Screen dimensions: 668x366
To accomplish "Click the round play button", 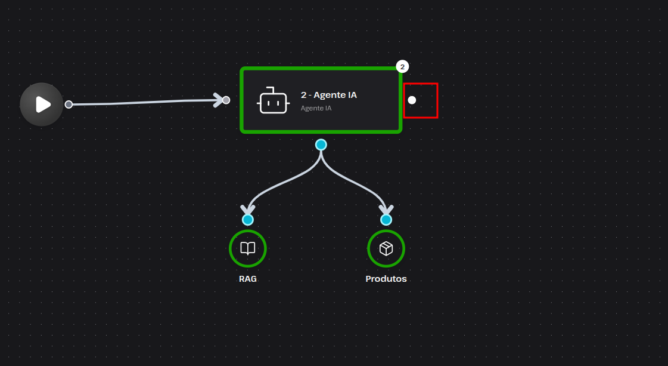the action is click(x=41, y=104).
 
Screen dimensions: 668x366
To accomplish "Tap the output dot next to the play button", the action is click(x=69, y=104).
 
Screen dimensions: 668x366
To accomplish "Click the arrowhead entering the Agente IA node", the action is click(x=219, y=100).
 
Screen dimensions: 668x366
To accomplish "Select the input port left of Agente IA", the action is click(x=226, y=100).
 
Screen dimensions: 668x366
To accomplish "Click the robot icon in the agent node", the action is click(x=273, y=101).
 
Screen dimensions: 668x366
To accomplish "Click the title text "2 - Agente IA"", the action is click(x=329, y=95).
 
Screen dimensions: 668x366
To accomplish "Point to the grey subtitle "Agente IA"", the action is click(x=316, y=108).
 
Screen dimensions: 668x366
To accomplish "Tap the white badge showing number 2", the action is click(x=402, y=67).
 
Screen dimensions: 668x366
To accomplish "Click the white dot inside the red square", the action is click(x=412, y=100).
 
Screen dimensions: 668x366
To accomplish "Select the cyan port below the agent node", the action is click(x=321, y=144).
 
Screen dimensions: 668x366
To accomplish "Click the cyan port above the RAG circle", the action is click(x=247, y=220).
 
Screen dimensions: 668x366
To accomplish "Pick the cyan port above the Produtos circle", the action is click(x=386, y=220).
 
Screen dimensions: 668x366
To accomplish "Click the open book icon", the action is click(x=247, y=248).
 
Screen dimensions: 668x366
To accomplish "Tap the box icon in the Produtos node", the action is click(x=386, y=248).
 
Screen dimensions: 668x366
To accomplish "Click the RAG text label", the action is click(x=247, y=279).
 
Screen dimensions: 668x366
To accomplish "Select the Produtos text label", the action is click(x=386, y=279).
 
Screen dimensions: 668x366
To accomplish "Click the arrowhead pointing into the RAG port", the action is click(x=247, y=209).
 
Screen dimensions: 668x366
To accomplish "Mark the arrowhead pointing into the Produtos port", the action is click(x=386, y=209).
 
